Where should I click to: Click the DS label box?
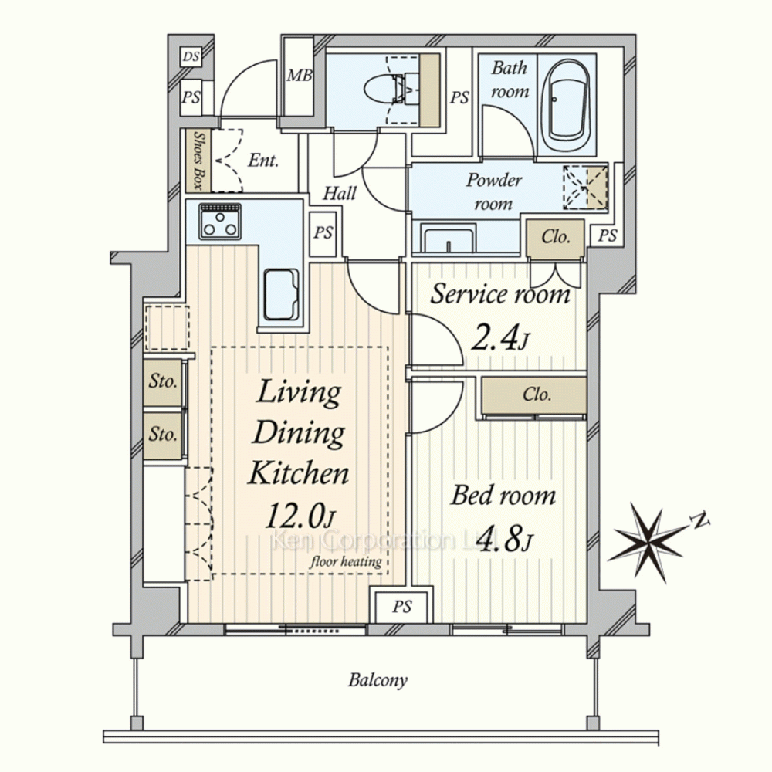[191, 56]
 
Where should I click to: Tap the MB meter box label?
[300, 76]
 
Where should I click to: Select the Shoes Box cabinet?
[198, 161]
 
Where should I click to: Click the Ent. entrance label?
[263, 161]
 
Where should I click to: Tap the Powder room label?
[494, 191]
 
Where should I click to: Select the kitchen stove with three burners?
[220, 222]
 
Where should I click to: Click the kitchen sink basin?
[281, 294]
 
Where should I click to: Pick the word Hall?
[339, 193]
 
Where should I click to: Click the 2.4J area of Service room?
[500, 339]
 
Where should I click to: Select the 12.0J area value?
[300, 516]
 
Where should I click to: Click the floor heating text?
[346, 561]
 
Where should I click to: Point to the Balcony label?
[378, 680]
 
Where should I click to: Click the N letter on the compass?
[699, 520]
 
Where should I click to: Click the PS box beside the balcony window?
[402, 607]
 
